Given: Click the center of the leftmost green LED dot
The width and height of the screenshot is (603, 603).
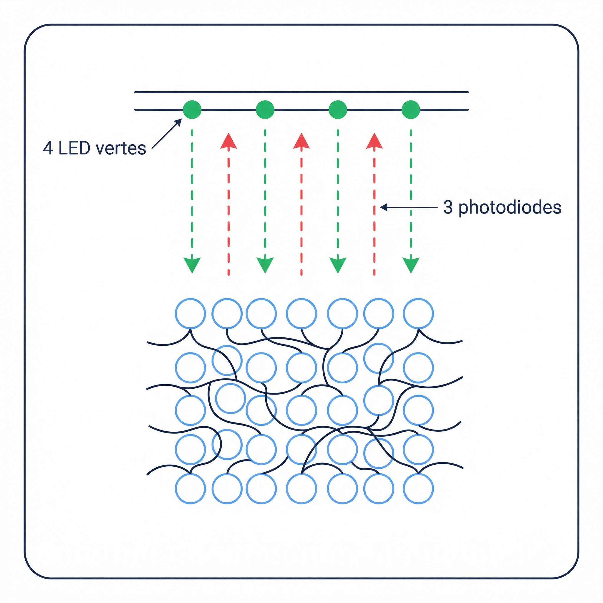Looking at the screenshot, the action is [x=192, y=110].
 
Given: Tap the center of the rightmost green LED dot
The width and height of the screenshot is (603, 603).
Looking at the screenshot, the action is [x=411, y=110].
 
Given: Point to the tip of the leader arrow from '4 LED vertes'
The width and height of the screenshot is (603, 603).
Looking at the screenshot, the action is [x=181, y=119].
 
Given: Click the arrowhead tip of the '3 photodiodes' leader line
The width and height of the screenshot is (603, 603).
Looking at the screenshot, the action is [x=380, y=207].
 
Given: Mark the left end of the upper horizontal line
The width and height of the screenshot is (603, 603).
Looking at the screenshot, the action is [x=135, y=92].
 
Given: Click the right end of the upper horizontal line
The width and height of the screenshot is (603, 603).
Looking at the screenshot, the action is [x=468, y=92].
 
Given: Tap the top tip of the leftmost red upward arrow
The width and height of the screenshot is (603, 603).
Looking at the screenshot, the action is [x=228, y=133].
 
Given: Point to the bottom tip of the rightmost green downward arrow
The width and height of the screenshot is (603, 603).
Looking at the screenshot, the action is [x=411, y=274].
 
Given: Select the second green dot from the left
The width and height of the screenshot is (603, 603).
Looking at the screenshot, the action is [x=265, y=110].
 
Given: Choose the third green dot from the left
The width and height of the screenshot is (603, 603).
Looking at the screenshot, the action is [x=338, y=110].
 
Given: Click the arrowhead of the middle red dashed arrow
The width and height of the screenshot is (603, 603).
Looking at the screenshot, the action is [x=301, y=141].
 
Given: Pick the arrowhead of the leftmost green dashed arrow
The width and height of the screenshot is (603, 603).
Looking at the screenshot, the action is [x=192, y=266].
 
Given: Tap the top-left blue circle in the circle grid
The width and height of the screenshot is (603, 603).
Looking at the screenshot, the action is [x=190, y=313].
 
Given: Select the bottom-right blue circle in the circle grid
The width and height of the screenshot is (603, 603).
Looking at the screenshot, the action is [x=418, y=488].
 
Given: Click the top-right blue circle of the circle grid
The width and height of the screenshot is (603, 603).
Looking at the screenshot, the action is [x=418, y=313].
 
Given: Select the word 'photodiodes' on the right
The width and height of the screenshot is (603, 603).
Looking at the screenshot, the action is [x=510, y=208].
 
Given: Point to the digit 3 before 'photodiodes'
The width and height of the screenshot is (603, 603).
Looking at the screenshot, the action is [x=448, y=207].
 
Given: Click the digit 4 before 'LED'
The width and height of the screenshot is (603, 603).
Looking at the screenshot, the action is [x=48, y=148].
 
